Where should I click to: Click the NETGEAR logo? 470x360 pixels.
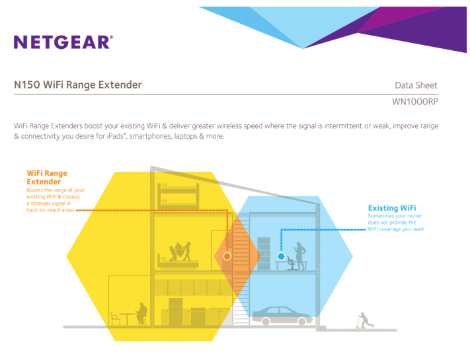(63, 42)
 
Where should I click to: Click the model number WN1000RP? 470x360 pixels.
(415, 102)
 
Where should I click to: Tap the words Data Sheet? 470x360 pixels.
(416, 85)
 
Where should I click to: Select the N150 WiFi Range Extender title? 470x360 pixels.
(78, 85)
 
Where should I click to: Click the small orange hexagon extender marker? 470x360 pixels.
(227, 256)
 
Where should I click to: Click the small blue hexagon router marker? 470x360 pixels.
(281, 256)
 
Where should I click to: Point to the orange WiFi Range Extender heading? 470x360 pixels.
(47, 177)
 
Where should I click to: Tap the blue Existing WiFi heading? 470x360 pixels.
(392, 208)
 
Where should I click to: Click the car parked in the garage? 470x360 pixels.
(282, 316)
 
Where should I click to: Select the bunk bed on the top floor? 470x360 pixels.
(178, 196)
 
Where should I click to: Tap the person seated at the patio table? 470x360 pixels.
(141, 314)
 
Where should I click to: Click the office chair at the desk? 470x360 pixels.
(291, 263)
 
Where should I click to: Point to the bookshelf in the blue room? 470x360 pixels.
(264, 254)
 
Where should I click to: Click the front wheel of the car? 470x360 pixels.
(301, 322)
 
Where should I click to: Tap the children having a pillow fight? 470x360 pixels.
(180, 251)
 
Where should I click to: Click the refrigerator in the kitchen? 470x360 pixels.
(175, 312)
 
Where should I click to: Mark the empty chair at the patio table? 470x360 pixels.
(115, 318)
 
